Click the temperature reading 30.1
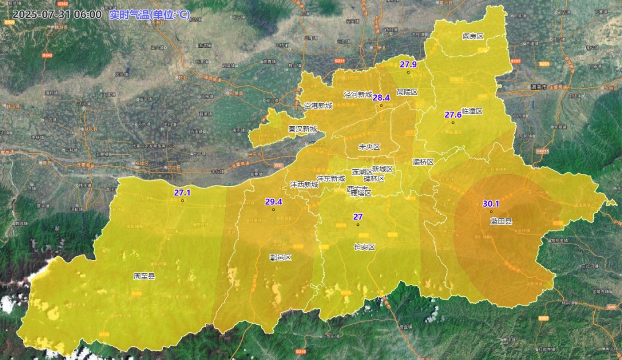coord(491,204)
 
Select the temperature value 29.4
coord(274,202)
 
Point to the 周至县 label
coord(144,276)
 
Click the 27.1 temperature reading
coord(182,193)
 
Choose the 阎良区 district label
coord(473,36)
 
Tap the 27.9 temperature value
coord(408,65)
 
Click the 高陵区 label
coord(407,92)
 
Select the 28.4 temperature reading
coord(381,98)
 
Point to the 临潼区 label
coord(472,111)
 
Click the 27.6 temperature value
coord(453,115)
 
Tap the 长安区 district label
coord(364,247)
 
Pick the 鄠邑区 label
coord(280,257)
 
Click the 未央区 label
coord(369,147)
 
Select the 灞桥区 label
coord(423,162)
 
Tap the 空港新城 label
coord(318,106)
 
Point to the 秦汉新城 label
coord(303,129)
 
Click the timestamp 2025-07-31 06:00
coord(56,14)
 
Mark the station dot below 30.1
coord(491,212)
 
